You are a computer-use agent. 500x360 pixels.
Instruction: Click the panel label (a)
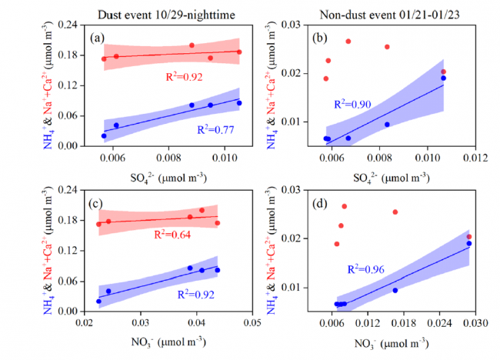(x=97, y=37)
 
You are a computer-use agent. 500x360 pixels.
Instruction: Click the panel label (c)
(x=97, y=203)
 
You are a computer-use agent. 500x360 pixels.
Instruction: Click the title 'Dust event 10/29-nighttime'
(x=168, y=11)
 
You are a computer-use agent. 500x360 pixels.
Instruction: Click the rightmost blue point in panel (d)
(x=469, y=243)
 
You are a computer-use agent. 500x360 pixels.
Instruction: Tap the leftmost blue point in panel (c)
(x=98, y=301)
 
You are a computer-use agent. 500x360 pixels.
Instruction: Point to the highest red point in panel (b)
(x=348, y=41)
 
